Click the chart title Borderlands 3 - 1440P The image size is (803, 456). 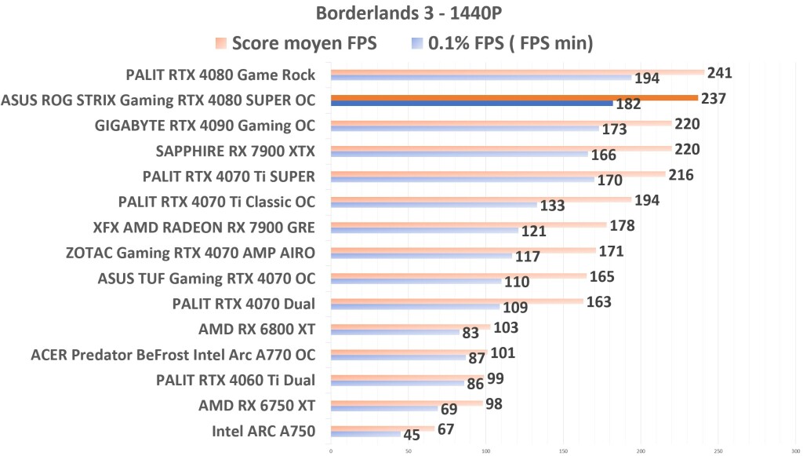[x=401, y=14]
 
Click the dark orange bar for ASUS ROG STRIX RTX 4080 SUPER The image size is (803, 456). [x=514, y=98]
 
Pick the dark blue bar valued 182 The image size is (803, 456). [x=471, y=104]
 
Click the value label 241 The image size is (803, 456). [x=719, y=73]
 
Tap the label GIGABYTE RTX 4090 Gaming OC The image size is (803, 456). [x=205, y=126]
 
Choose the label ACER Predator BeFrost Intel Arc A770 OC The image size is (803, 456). [x=173, y=354]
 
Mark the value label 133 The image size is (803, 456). [x=552, y=206]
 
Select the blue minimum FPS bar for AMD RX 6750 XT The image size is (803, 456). [x=383, y=409]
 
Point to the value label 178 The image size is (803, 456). [x=621, y=226]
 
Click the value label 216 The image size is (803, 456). [x=681, y=175]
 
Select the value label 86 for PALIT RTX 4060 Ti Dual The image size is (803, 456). [x=475, y=385]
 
